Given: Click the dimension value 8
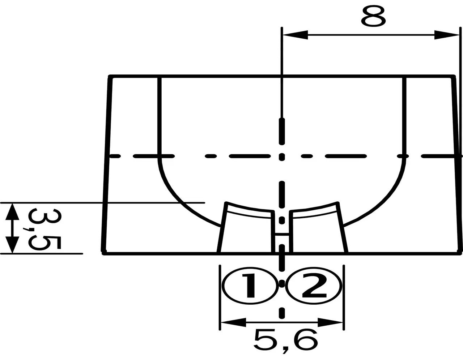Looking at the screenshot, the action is [x=373, y=16].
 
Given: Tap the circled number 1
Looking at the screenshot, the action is [x=250, y=286].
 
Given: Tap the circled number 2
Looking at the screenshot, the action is [x=314, y=286].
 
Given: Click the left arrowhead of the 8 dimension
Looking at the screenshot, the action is [x=295, y=35].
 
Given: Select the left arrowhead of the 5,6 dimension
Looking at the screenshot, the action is [x=233, y=322].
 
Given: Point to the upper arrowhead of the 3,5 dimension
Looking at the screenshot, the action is [x=12, y=211].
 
